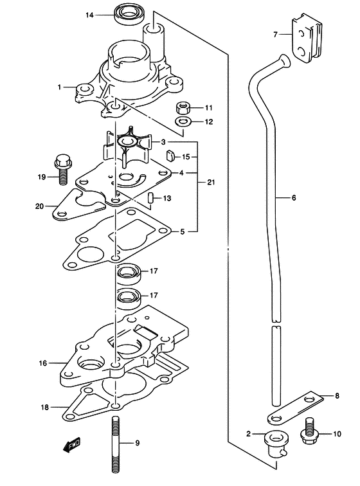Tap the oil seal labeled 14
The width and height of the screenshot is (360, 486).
[127, 14]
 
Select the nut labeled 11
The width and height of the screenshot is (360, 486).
[183, 108]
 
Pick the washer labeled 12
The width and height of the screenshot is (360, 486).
[183, 122]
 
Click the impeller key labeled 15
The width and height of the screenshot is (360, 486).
[170, 156]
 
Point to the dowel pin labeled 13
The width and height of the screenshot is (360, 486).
[150, 197]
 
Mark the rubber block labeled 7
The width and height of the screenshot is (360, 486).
[306, 37]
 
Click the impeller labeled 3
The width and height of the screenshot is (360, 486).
[127, 146]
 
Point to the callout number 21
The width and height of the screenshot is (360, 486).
[211, 183]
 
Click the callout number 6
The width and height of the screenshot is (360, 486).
[294, 197]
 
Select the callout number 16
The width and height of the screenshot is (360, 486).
[43, 363]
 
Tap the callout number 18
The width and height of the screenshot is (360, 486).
[44, 407]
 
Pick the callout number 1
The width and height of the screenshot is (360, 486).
[59, 87]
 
